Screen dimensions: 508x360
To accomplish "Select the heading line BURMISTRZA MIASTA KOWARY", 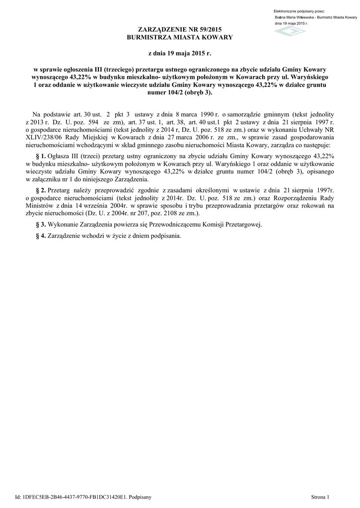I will [180, 38].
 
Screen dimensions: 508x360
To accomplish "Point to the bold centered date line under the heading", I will [180, 53].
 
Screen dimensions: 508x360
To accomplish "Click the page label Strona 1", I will [320, 497].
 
